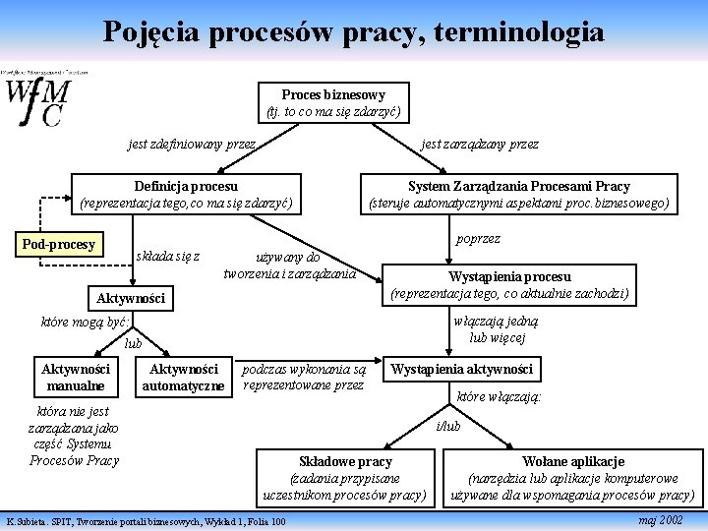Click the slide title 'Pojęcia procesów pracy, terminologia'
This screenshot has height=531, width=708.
(354, 32)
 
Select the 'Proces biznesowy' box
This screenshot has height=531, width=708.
(333, 102)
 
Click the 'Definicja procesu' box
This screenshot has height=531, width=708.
(186, 194)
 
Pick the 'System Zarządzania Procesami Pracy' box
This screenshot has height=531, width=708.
(518, 194)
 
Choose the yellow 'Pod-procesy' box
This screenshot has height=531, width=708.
(59, 244)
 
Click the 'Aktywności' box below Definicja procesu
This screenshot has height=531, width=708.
(131, 297)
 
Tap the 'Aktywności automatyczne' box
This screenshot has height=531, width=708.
(183, 377)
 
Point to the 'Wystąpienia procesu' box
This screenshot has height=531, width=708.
(509, 284)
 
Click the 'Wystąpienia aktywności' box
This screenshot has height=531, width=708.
(461, 370)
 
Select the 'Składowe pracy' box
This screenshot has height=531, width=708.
(344, 477)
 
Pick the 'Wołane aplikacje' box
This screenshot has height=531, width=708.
(572, 477)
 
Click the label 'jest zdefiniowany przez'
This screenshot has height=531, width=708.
(192, 145)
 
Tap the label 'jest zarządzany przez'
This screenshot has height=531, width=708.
(480, 145)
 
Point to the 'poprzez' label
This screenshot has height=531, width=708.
(478, 239)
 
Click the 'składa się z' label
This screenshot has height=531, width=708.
(168, 257)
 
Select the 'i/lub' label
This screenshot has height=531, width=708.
(447, 426)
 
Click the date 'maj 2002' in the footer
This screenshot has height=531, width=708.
(660, 518)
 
